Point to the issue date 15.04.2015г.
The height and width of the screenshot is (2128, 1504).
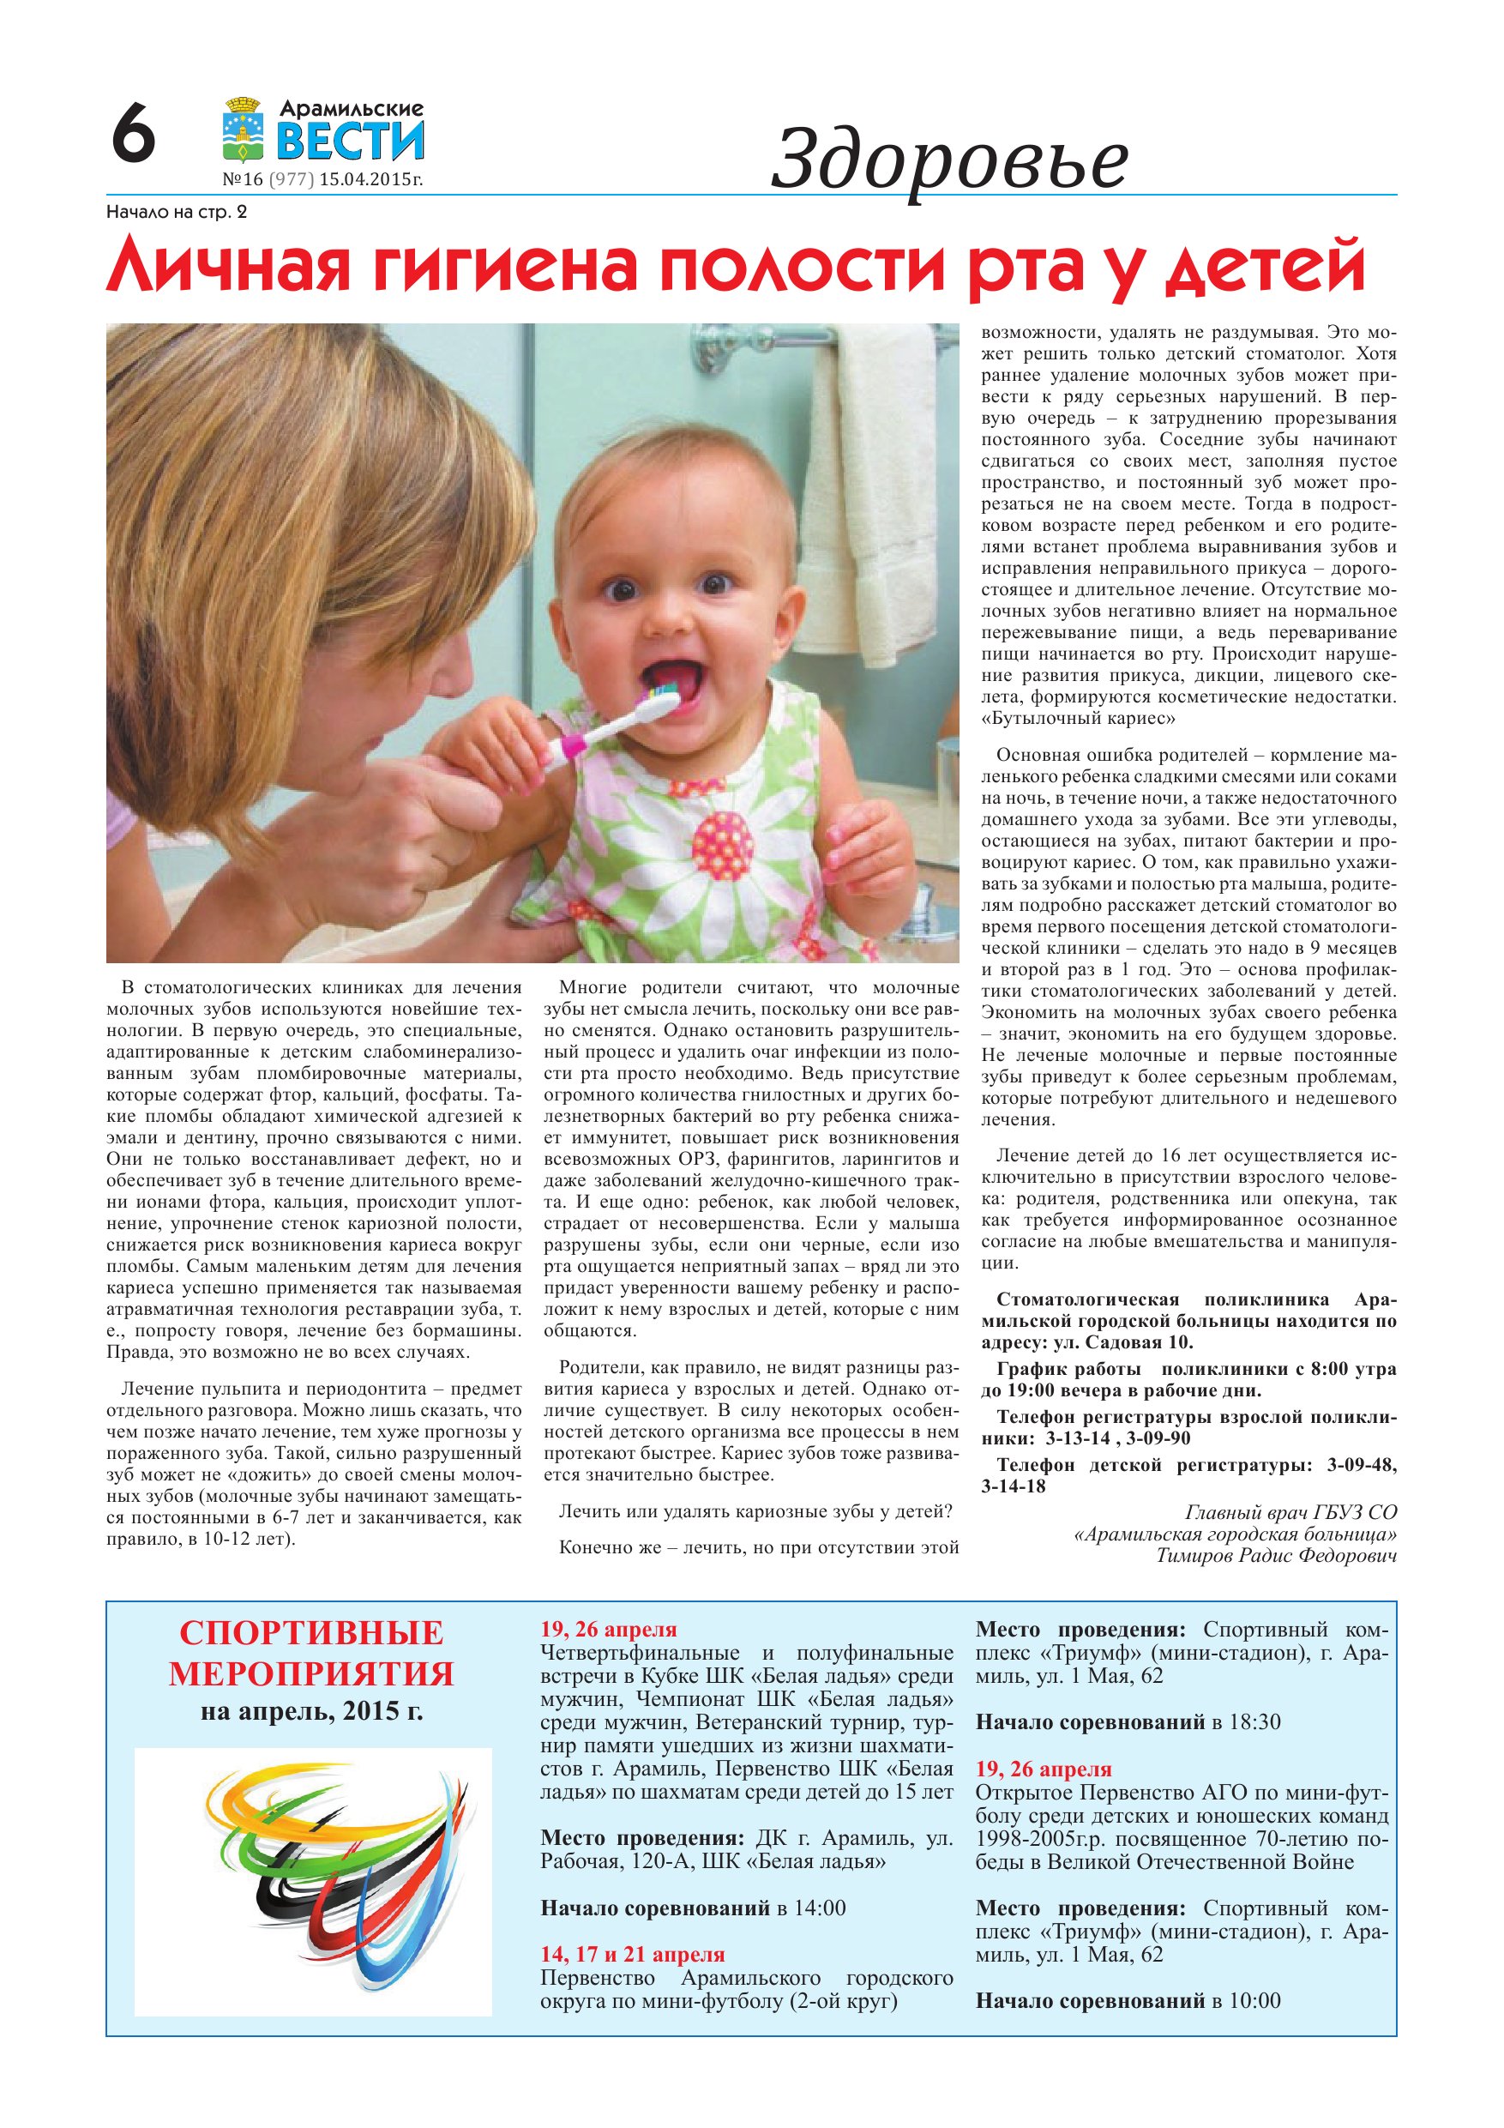tap(370, 180)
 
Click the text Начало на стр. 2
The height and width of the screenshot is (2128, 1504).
tap(177, 212)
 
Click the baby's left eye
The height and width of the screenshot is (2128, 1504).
tap(714, 584)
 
